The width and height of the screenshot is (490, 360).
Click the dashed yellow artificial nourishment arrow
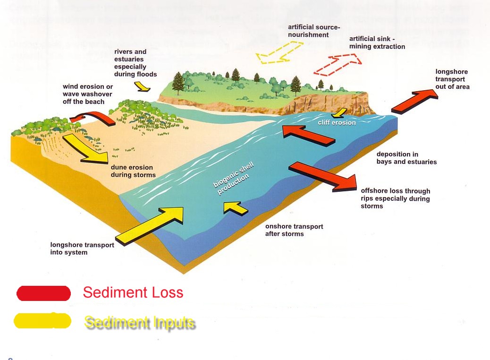pyautogui.click(x=279, y=52)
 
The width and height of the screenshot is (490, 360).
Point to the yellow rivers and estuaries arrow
pyautogui.click(x=142, y=86)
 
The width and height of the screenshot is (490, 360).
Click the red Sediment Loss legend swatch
pyautogui.click(x=43, y=293)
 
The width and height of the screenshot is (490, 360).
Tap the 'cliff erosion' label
pyautogui.click(x=337, y=123)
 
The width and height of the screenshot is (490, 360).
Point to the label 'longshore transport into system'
pyautogui.click(x=82, y=249)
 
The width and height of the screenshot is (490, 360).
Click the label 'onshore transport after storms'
pyautogui.click(x=294, y=230)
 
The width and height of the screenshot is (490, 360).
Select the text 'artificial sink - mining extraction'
pyautogui.click(x=377, y=43)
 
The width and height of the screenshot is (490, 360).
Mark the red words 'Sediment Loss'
pyautogui.click(x=133, y=292)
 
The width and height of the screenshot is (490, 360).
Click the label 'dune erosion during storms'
pyautogui.click(x=133, y=171)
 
